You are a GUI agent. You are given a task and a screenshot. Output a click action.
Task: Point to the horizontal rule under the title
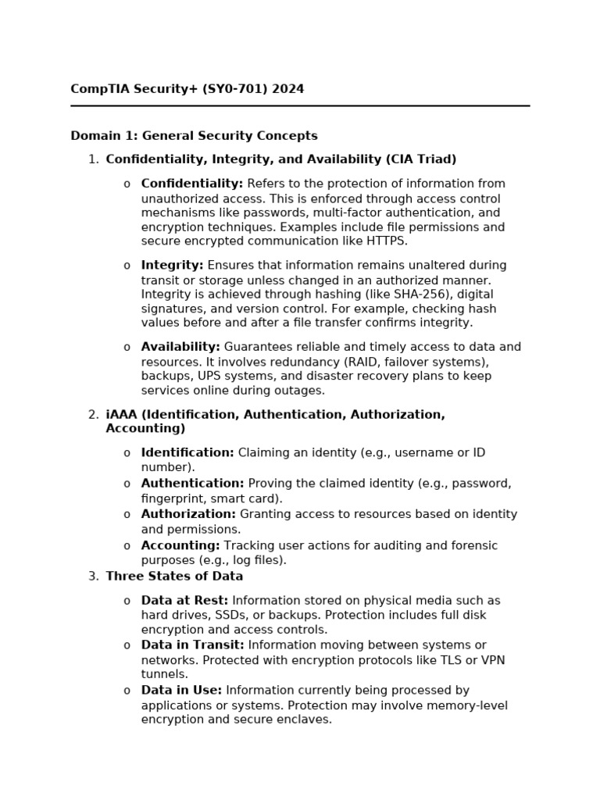[300, 105]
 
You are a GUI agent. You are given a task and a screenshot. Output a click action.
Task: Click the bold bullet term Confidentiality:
[192, 184]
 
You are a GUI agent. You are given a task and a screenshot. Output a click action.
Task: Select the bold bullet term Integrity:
[172, 266]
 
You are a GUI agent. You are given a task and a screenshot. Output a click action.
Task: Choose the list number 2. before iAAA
[93, 415]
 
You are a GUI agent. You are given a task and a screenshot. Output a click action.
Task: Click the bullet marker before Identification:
[127, 453]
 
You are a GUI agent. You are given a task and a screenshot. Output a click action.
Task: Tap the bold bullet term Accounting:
[180, 545]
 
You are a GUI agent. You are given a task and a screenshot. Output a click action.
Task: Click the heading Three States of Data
[174, 577]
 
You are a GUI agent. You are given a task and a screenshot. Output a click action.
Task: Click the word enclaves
[305, 720]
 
